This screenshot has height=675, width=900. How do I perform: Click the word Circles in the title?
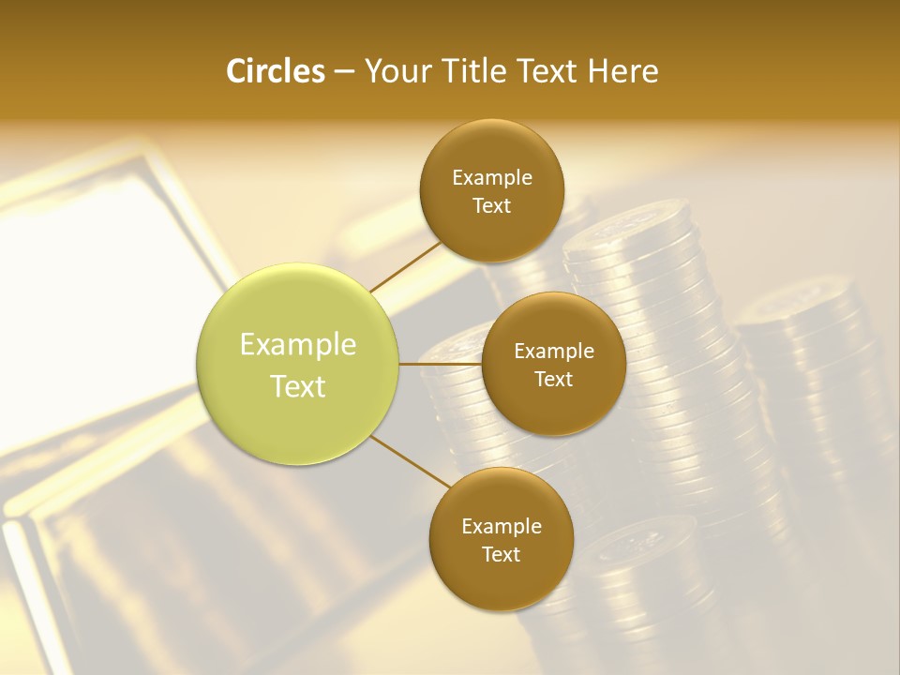275,71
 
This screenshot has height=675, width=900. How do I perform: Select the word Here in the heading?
622,71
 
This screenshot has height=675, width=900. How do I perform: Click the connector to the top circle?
405,267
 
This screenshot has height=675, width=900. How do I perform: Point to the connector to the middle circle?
441,364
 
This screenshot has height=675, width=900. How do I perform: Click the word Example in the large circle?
298,345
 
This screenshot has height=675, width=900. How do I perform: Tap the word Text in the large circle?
298,386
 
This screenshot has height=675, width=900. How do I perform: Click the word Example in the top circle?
492,178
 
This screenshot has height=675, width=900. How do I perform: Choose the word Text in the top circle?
492,206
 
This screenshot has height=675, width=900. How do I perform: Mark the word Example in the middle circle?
554,352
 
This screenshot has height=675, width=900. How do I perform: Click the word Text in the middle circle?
554,380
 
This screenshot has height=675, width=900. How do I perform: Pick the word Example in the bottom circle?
502,527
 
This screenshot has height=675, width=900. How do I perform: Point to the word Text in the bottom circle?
502,555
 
